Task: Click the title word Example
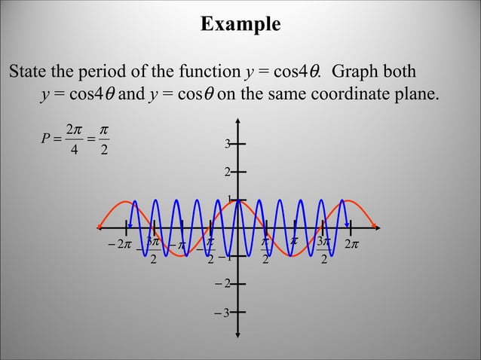pyautogui.click(x=240, y=24)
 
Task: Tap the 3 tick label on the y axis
pyautogui.click(x=226, y=144)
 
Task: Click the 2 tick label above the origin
pyautogui.click(x=226, y=173)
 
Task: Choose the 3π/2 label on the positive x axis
pyautogui.click(x=323, y=250)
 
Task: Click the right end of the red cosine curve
pyautogui.click(x=377, y=227)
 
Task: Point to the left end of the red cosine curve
pyautogui.click(x=99, y=227)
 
